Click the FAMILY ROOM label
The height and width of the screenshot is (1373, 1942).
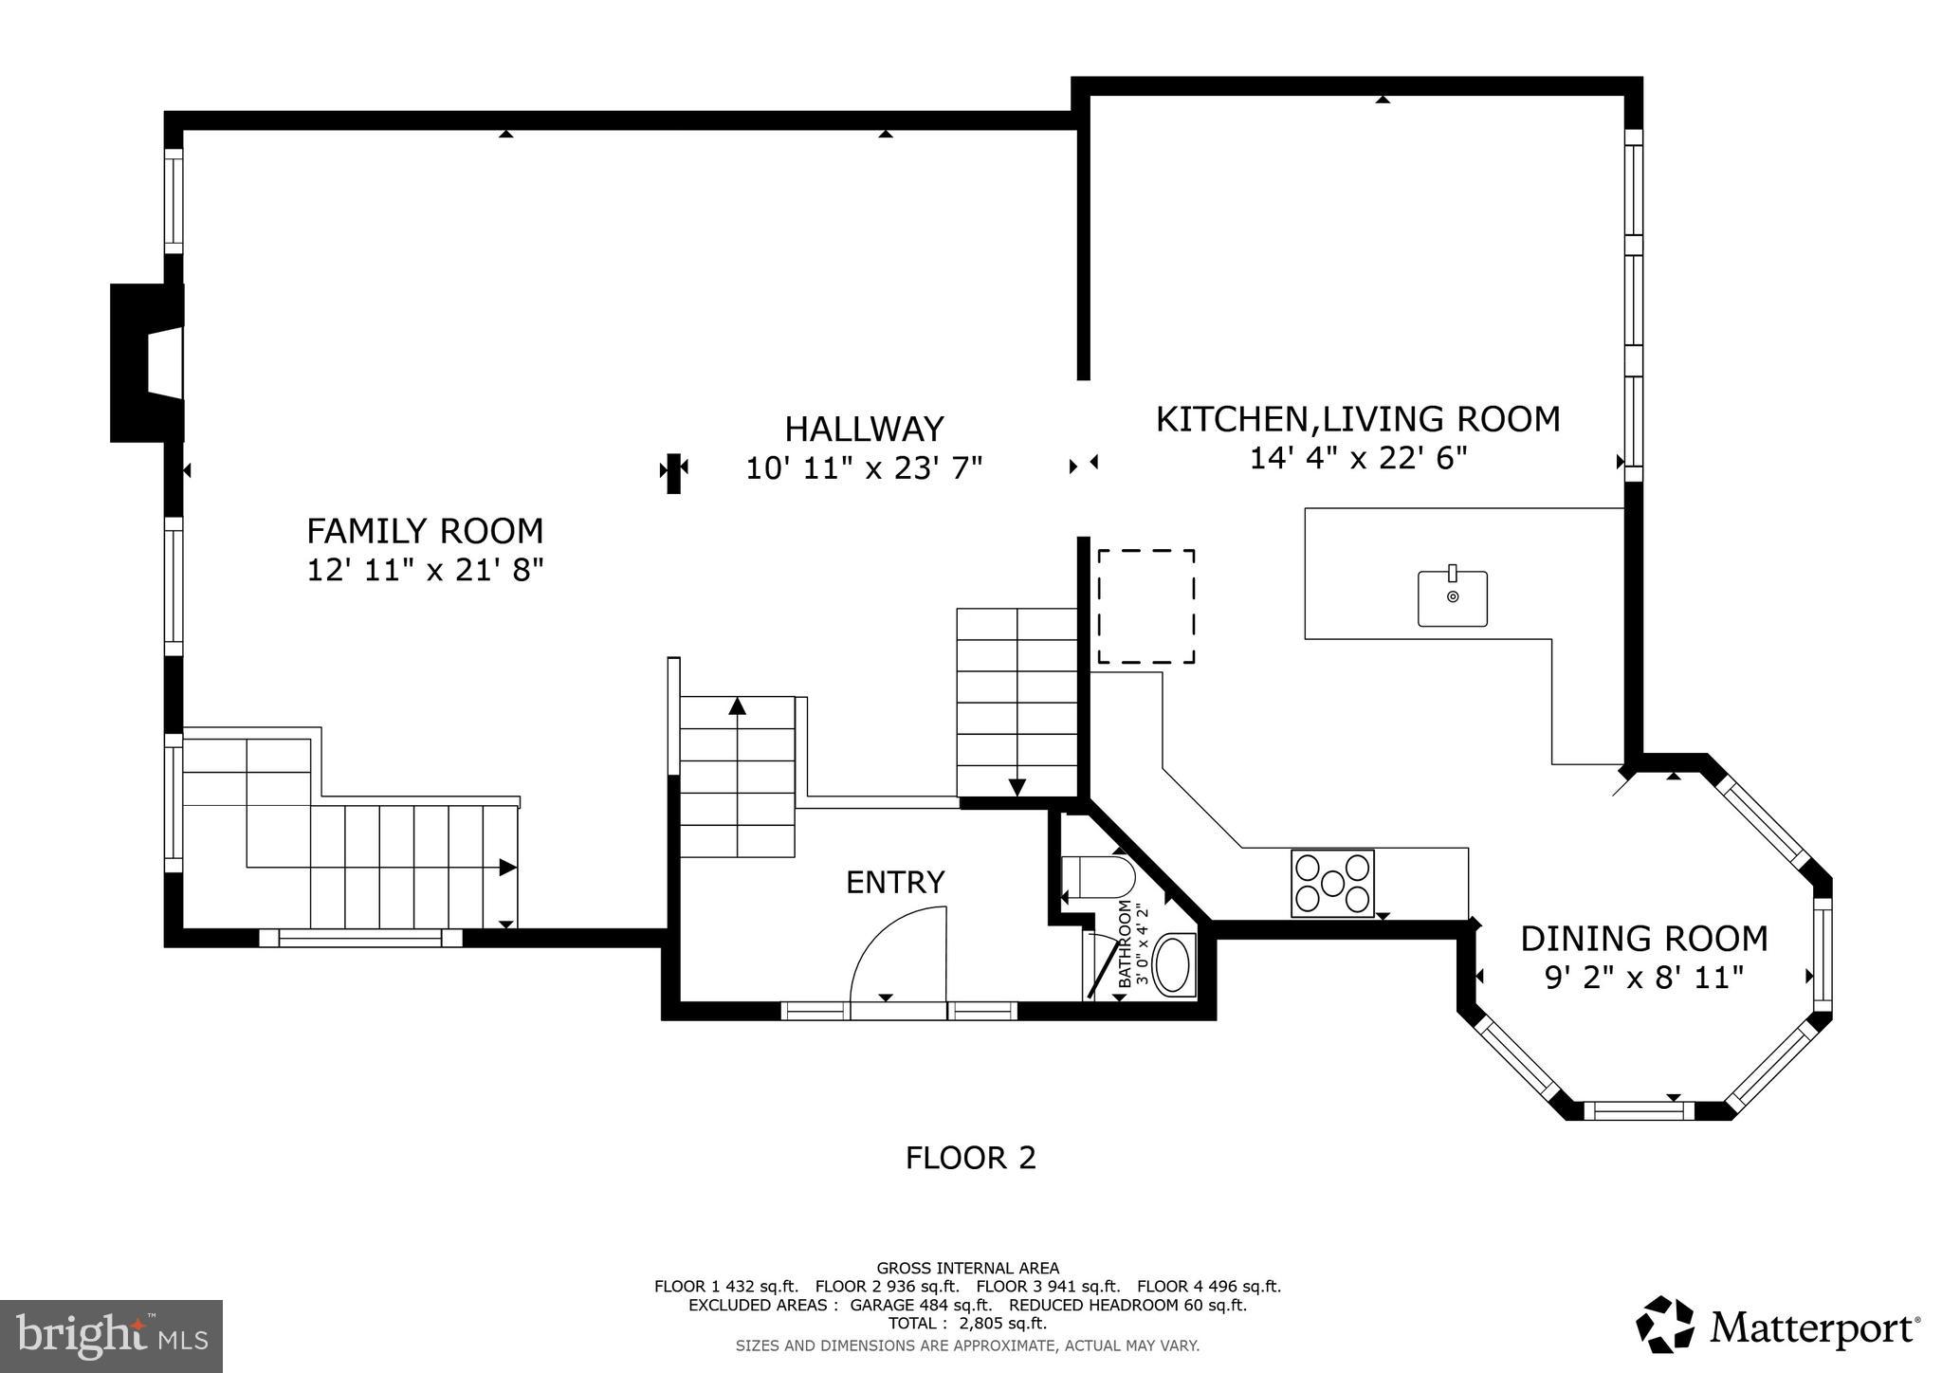425,530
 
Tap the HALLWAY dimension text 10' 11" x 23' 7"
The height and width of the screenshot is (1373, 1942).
864,468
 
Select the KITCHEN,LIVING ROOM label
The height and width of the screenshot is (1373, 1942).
1357,419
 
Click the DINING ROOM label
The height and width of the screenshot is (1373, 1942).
1644,939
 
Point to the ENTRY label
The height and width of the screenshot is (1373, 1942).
895,883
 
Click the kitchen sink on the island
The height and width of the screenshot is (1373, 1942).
1452,598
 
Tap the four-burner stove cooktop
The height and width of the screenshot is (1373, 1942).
1332,883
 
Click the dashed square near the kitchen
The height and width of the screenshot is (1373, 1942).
1145,606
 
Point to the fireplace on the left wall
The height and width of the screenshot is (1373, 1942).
147,363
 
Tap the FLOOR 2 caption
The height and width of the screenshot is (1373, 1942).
970,1158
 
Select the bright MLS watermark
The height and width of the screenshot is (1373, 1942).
112,1336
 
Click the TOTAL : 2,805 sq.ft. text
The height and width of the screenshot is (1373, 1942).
966,1324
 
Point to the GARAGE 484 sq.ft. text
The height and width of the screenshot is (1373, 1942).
921,1306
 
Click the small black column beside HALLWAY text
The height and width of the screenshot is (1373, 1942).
673,473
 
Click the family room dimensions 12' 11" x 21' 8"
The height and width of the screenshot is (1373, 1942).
425,570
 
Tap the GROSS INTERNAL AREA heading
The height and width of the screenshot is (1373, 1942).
967,1268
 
